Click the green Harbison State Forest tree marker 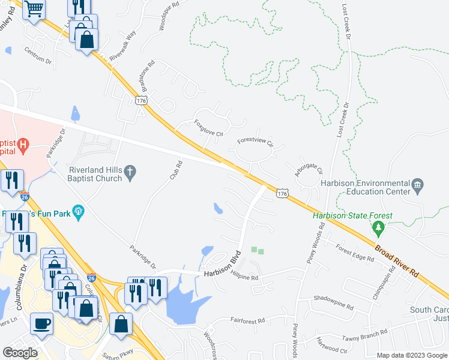coord(378,228)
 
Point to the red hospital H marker coord(23,145)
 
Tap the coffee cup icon coord(41,323)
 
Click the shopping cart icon coord(35,9)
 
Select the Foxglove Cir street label coord(208,127)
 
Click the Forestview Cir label coord(255,144)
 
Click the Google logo coord(20,353)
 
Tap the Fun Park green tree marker coord(77,211)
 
